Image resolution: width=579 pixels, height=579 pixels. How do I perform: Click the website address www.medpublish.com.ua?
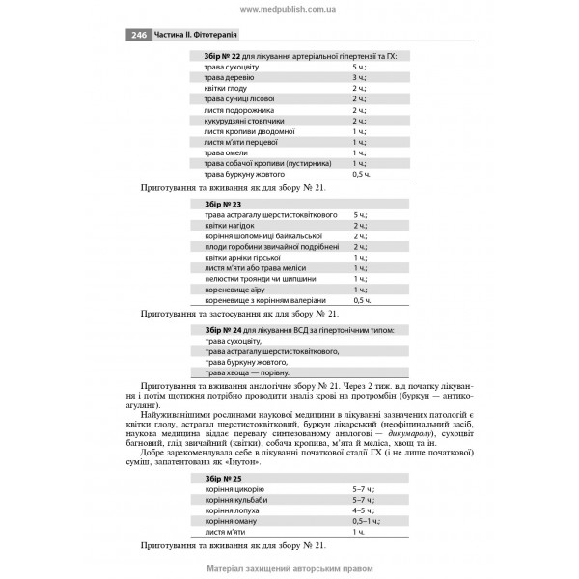(x=289, y=8)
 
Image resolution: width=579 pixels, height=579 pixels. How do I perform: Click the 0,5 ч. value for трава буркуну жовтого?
(x=361, y=174)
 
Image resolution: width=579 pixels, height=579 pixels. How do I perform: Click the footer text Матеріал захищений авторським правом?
(x=289, y=567)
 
